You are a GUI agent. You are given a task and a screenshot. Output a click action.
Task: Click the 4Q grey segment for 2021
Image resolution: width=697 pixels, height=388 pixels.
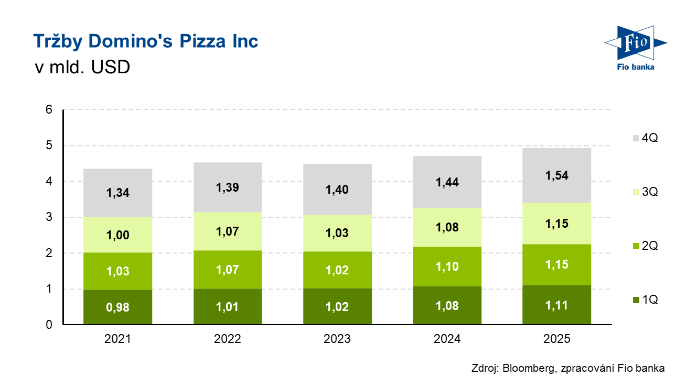117,193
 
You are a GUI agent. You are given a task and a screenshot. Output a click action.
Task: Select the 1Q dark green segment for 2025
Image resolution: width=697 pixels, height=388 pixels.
556,305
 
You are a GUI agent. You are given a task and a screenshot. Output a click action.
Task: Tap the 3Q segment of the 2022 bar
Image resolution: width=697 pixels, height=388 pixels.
227,231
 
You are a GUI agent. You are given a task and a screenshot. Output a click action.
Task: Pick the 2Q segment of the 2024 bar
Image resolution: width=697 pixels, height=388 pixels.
447,267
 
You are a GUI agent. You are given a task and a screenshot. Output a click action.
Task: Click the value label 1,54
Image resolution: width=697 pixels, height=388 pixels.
556,175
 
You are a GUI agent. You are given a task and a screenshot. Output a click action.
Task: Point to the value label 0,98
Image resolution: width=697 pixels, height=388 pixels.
117,307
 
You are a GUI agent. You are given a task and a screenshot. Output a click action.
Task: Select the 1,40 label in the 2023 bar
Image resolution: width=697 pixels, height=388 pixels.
337,190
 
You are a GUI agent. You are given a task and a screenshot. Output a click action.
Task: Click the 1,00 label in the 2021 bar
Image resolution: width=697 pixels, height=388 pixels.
117,236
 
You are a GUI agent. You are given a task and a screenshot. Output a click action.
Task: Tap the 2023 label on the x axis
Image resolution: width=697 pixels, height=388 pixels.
337,339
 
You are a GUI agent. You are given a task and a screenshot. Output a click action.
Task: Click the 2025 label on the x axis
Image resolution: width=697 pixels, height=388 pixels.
556,339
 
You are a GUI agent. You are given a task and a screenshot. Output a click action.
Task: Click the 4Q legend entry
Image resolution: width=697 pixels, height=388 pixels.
645,138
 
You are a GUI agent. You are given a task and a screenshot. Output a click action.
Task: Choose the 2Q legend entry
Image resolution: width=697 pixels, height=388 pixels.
645,246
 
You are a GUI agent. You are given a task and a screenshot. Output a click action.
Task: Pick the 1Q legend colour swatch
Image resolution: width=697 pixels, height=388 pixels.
636,300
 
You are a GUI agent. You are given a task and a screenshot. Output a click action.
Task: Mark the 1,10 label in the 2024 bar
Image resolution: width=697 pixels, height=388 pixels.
447,267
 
